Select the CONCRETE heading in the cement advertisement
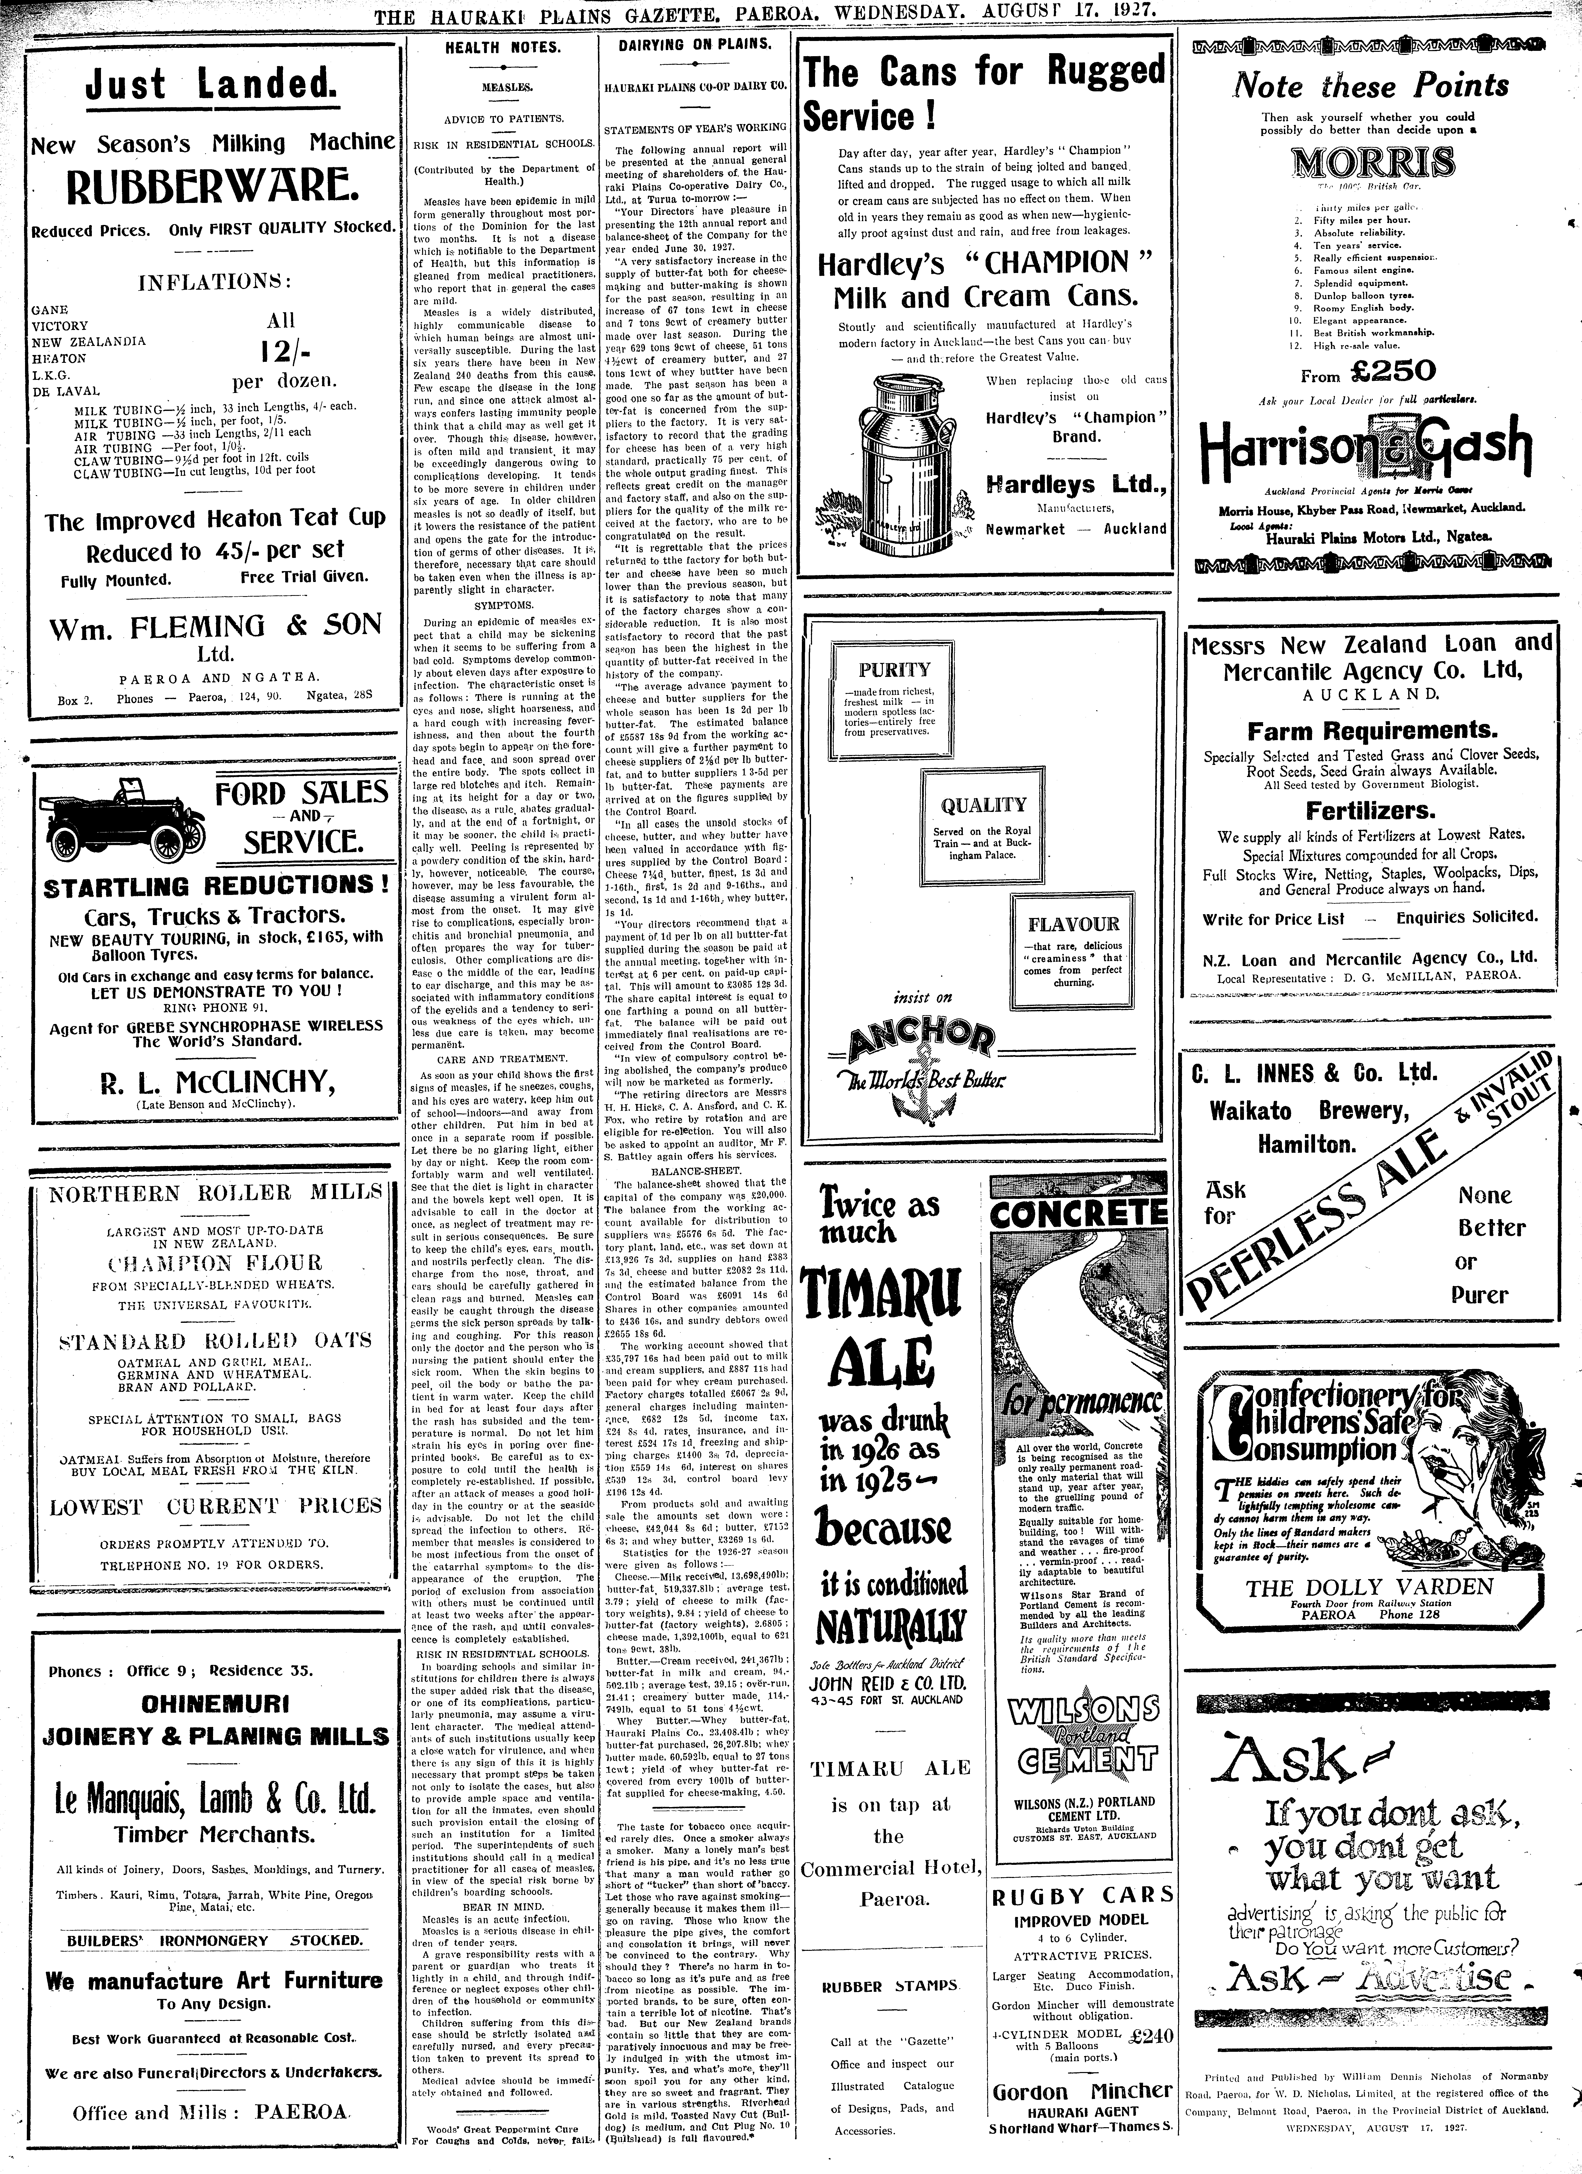(x=1081, y=1214)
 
